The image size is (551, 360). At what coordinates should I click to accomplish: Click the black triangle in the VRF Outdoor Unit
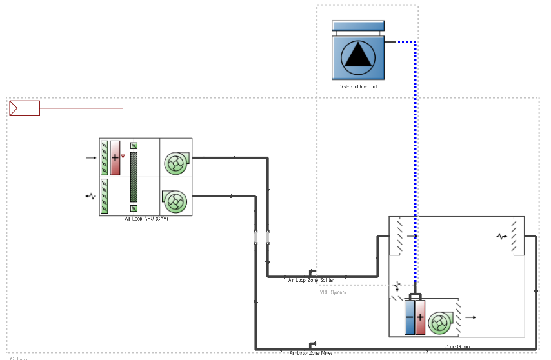pyautogui.click(x=358, y=55)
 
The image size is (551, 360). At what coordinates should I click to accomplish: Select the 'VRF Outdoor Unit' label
pyautogui.click(x=358, y=86)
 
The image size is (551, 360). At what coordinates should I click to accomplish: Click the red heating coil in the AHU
pyautogui.click(x=115, y=157)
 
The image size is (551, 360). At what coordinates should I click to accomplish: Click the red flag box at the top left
pyautogui.click(x=25, y=108)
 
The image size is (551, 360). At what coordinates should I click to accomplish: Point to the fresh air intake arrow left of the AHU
pyautogui.click(x=90, y=157)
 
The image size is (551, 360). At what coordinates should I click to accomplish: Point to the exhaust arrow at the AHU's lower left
pyautogui.click(x=91, y=195)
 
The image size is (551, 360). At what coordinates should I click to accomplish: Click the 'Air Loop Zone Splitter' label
pyautogui.click(x=311, y=280)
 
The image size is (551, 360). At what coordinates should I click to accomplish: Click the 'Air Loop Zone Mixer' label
pyautogui.click(x=311, y=353)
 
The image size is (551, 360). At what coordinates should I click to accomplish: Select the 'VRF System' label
pyautogui.click(x=333, y=292)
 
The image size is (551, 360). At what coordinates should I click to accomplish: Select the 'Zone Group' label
pyautogui.click(x=457, y=347)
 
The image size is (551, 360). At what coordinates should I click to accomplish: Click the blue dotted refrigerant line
pyautogui.click(x=415, y=161)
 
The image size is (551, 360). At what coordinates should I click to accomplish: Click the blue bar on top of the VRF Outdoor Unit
pyautogui.click(x=357, y=26)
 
